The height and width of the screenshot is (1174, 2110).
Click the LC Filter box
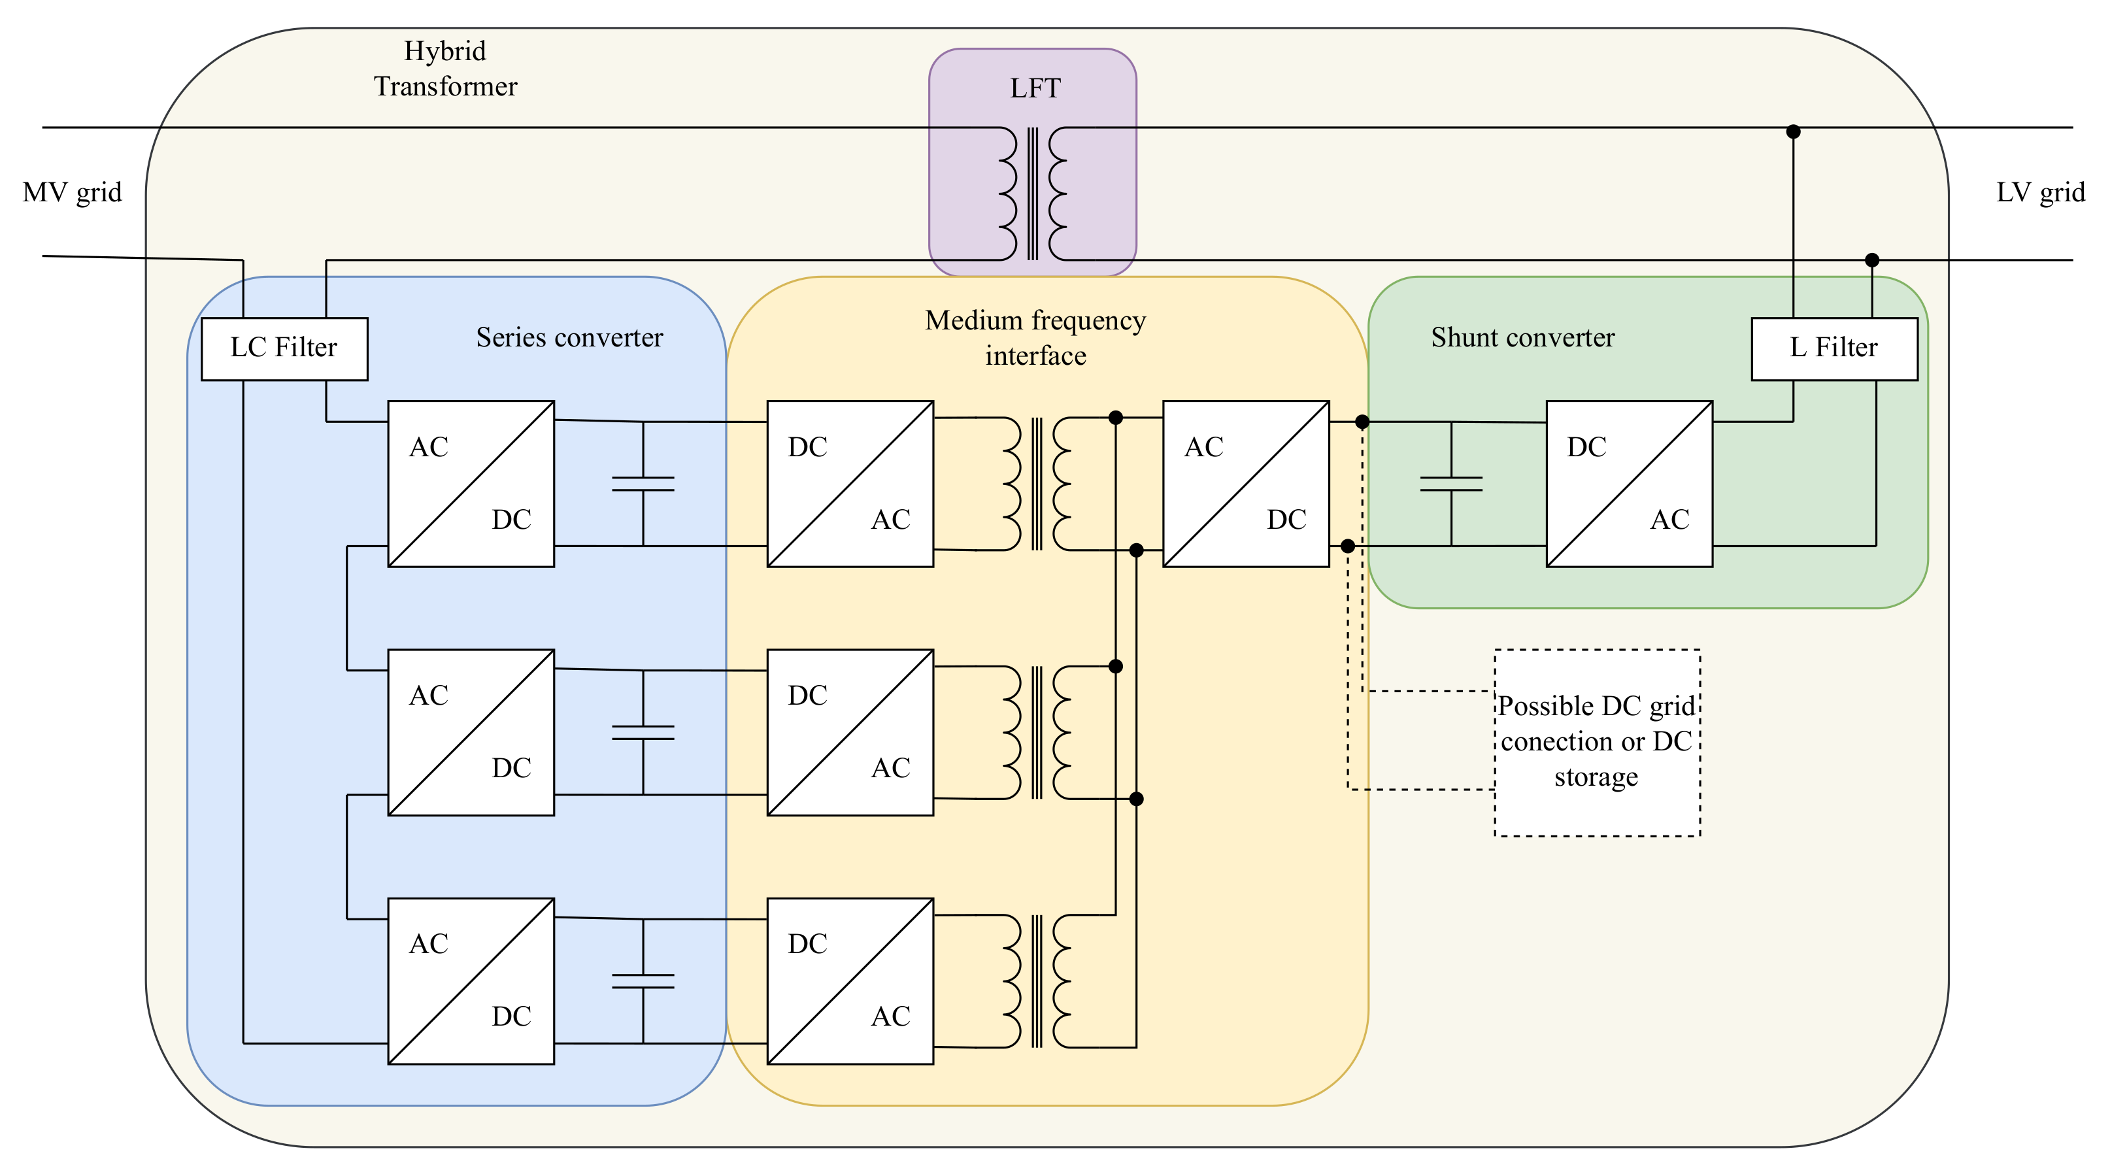coord(284,348)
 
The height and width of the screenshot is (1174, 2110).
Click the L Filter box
coord(1834,348)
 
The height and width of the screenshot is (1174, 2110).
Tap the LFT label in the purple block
coord(1035,88)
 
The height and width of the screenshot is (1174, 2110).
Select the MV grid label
coord(72,193)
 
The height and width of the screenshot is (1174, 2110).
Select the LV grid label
coord(2039,193)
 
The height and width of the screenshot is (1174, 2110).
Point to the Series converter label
coord(569,337)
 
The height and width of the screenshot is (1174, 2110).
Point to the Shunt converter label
coord(1522,337)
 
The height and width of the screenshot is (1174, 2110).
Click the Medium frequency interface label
coord(1035,337)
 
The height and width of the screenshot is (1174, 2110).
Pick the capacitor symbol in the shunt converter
coord(1450,484)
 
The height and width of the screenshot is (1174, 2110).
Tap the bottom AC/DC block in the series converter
coord(471,981)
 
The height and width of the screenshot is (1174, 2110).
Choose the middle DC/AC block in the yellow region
coord(849,731)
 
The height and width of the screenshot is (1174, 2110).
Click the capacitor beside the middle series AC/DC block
coord(643,732)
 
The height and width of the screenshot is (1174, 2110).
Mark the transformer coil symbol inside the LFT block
coord(1033,193)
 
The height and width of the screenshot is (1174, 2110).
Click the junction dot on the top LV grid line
coord(1793,131)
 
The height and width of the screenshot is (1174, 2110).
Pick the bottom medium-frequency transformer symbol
coord(1036,981)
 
